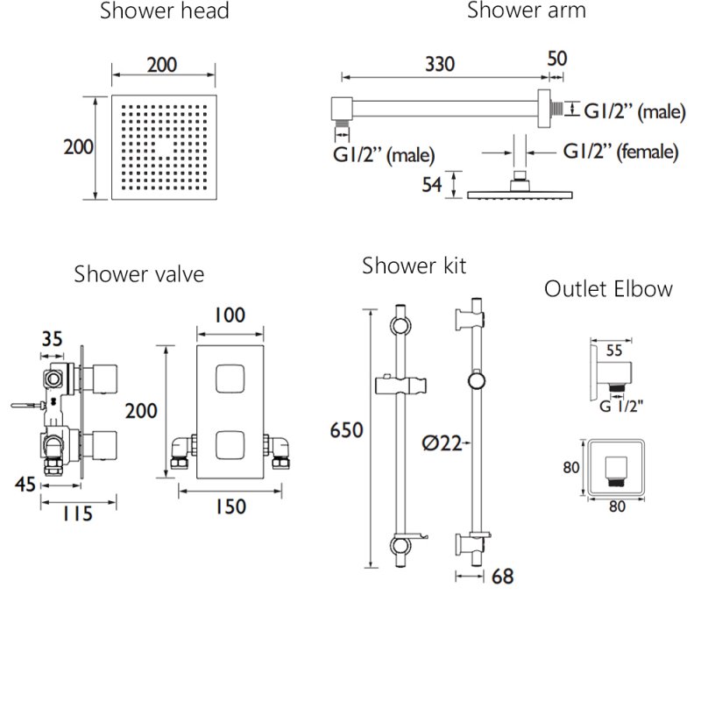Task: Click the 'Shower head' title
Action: [164, 11]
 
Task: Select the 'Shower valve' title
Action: [139, 274]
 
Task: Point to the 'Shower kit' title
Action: [414, 265]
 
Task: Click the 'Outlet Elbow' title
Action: [608, 289]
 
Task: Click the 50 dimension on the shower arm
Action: [557, 60]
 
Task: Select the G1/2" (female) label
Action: [620, 152]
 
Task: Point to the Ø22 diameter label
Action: [438, 443]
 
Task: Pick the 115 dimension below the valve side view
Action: [77, 514]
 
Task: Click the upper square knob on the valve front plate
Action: [229, 380]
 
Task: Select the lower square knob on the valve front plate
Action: [229, 444]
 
